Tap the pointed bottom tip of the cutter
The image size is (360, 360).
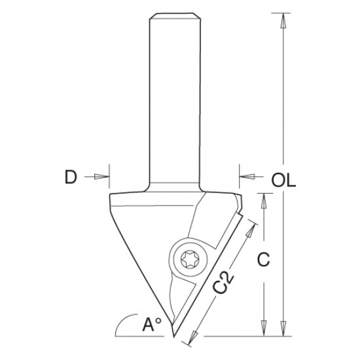click(173, 338)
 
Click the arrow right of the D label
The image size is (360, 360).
click(101, 176)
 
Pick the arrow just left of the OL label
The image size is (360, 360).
click(248, 176)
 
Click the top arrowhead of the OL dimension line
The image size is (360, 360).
click(283, 20)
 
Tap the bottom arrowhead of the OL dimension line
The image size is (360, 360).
click(283, 331)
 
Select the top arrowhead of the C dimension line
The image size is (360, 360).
click(263, 200)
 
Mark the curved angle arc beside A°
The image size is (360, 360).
click(122, 325)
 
